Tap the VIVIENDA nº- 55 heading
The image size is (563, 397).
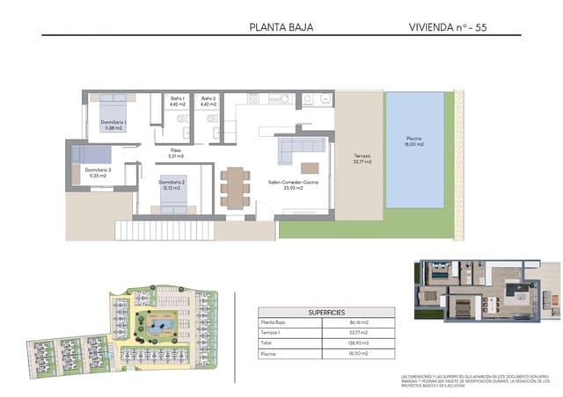(447, 27)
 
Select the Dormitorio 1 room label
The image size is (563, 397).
(113, 125)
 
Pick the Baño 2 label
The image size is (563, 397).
(208, 101)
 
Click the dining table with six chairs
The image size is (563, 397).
(236, 186)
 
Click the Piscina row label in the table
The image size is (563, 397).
(269, 352)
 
